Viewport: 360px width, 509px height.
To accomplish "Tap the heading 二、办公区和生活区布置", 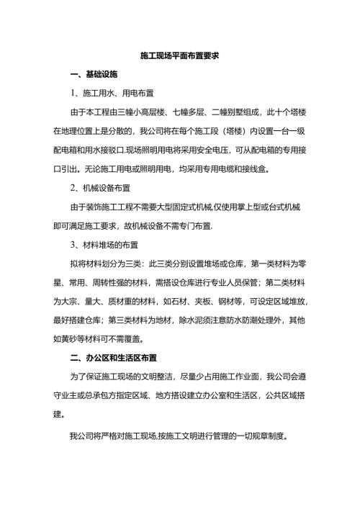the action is [x=110, y=357].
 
